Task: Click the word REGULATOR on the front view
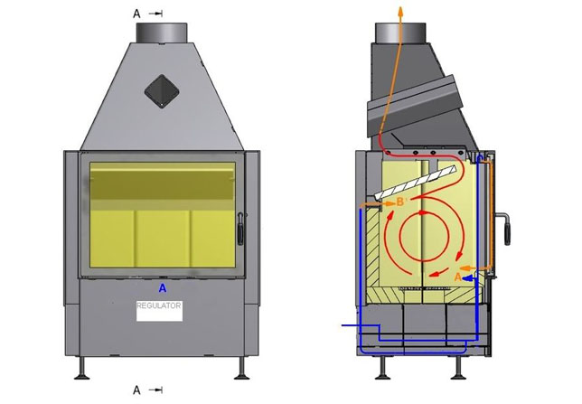click(159, 305)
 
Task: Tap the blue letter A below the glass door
click(163, 288)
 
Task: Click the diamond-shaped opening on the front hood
click(162, 91)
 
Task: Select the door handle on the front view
click(240, 229)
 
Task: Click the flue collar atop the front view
click(162, 33)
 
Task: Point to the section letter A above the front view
click(137, 14)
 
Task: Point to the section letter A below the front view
click(137, 390)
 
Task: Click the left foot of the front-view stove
click(81, 369)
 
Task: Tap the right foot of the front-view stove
click(241, 369)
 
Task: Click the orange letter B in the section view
click(400, 202)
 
